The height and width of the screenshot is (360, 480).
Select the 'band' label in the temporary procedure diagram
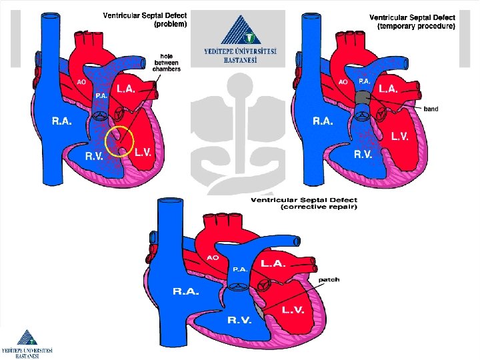click(431, 109)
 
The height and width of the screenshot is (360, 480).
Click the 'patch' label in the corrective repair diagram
click(329, 279)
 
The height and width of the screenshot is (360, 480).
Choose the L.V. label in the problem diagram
click(143, 153)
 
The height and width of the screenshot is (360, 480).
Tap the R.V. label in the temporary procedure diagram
click(363, 153)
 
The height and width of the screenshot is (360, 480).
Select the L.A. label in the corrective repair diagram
click(273, 263)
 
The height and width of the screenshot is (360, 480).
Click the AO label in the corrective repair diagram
click(213, 257)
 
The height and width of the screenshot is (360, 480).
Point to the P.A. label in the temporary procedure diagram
click(365, 80)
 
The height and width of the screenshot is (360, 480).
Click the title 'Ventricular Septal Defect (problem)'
click(145, 19)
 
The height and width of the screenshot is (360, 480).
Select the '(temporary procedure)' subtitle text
click(417, 27)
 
